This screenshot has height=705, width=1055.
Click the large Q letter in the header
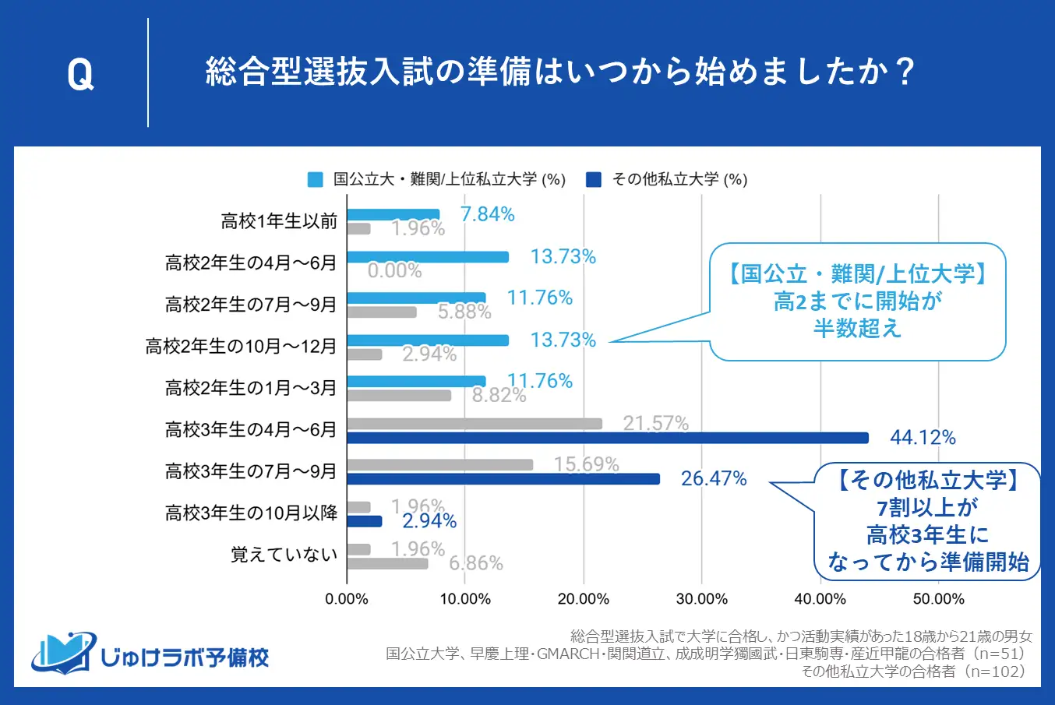tap(80, 74)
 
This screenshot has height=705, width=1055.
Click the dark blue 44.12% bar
tap(607, 438)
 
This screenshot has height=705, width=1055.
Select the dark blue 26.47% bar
tap(503, 479)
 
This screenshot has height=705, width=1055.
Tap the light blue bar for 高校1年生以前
tap(393, 214)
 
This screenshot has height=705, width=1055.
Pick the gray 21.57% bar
tap(474, 424)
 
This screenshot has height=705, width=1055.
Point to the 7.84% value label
tap(488, 214)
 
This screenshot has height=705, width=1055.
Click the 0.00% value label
tap(394, 270)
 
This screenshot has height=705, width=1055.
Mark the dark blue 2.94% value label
tap(429, 520)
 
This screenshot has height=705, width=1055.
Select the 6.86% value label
tap(475, 562)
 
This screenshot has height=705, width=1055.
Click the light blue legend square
tap(316, 180)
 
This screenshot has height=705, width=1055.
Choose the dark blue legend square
tap(594, 180)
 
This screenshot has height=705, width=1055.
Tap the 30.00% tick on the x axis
tap(701, 599)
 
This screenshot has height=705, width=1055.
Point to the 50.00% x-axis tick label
tap(938, 599)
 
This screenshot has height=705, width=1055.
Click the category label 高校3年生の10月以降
tap(251, 513)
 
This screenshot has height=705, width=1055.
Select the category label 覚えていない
tap(284, 555)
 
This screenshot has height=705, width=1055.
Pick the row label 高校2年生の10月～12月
tap(241, 346)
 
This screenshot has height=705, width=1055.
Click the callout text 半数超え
tap(857, 328)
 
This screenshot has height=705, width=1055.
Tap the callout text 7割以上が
tap(927, 507)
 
